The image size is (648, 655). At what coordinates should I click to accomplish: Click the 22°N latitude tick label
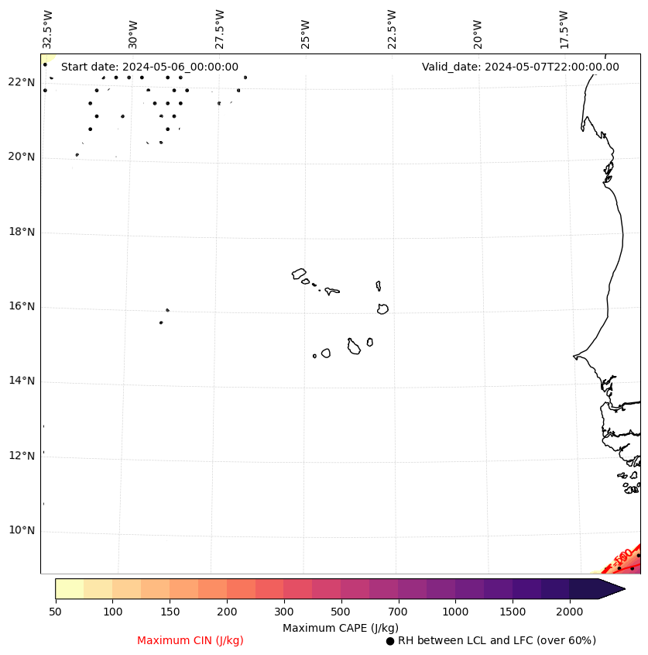21,83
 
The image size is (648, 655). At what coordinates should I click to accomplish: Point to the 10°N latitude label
21,531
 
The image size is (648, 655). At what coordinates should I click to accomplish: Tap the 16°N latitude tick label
21,307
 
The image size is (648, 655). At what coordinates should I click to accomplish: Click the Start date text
149,67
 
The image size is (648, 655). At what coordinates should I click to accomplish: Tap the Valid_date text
520,67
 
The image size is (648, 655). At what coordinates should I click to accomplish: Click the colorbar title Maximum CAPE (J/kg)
340,628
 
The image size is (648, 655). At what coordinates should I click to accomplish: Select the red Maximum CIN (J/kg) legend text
190,641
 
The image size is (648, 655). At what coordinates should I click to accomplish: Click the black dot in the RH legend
390,641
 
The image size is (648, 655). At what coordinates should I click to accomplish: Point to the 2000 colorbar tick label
570,612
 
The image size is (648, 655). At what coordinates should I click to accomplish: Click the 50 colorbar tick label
55,612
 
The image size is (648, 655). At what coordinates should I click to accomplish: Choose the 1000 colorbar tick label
455,612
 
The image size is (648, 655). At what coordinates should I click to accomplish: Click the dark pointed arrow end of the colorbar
612,589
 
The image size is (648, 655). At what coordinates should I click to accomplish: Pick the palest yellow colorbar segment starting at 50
69,589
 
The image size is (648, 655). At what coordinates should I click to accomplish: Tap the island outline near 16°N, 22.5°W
382,309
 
